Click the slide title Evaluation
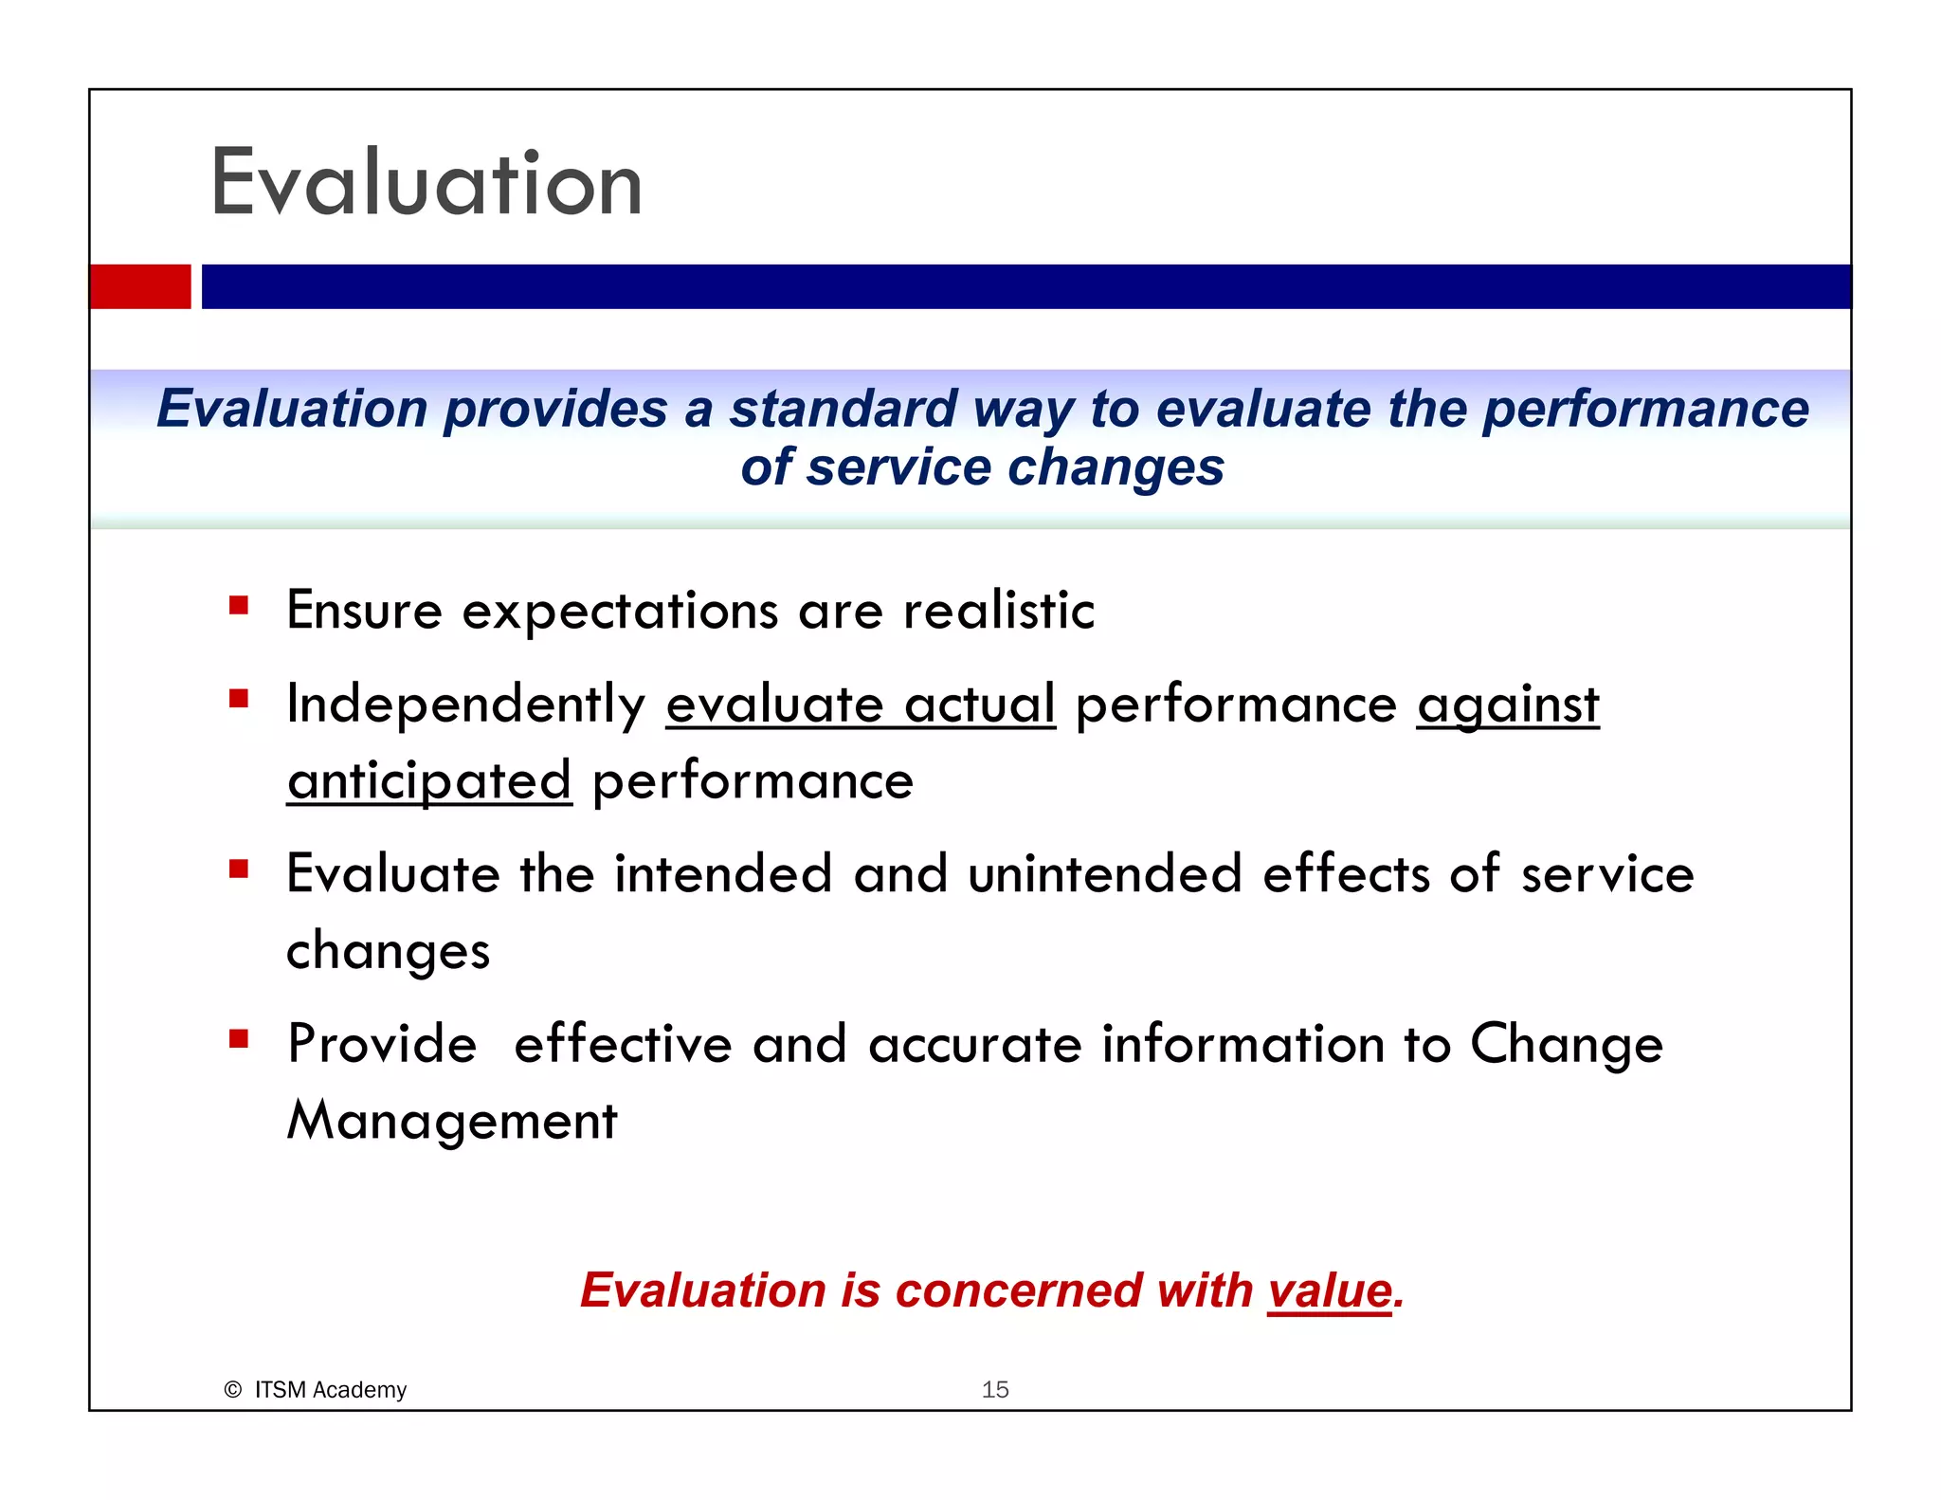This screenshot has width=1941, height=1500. click(x=426, y=183)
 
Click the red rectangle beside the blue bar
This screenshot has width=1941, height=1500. click(x=140, y=286)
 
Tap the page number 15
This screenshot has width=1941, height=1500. click(x=994, y=1389)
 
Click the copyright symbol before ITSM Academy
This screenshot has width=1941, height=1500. click(x=232, y=1390)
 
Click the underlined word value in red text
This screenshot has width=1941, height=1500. click(x=1330, y=1290)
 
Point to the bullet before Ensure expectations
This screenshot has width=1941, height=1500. click(x=239, y=606)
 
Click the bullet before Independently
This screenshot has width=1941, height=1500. click(x=239, y=700)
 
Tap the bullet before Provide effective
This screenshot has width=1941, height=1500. click(x=239, y=1040)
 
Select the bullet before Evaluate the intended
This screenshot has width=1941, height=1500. click(x=239, y=869)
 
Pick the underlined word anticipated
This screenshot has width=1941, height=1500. click(x=429, y=781)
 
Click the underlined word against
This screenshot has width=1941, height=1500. click(x=1507, y=705)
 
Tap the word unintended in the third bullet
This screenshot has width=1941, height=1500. click(x=1104, y=873)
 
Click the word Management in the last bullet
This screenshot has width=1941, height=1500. click(x=452, y=1121)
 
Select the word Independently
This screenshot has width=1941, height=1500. click(x=465, y=705)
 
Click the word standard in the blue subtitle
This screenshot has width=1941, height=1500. click(x=843, y=410)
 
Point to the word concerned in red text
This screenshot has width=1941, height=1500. click(x=1018, y=1290)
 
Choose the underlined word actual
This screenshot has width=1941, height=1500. click(x=979, y=704)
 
